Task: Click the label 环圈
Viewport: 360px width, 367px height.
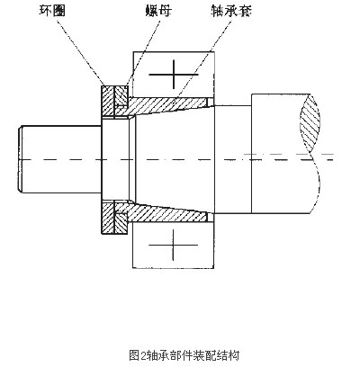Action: point(52,11)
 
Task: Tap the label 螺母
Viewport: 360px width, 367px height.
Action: point(158,11)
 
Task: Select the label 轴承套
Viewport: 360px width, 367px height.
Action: point(230,11)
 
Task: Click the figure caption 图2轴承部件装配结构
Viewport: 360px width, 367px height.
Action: point(184,355)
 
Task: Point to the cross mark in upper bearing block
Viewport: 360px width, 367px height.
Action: point(174,74)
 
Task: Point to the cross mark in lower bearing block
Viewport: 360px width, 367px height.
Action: point(174,245)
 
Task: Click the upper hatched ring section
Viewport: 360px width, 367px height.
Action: point(108,101)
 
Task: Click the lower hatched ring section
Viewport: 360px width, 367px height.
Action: point(108,218)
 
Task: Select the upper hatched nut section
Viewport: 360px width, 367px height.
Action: point(121,95)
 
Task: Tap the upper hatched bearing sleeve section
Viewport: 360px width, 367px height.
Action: point(168,105)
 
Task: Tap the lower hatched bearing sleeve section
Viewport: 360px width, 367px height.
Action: point(168,213)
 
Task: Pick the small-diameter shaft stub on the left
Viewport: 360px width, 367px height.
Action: point(60,159)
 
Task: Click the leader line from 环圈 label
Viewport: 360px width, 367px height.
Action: point(79,51)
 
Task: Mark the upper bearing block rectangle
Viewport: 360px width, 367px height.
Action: point(174,75)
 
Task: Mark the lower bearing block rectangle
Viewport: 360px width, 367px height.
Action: point(174,246)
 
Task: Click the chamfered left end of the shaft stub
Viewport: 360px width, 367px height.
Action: point(21,159)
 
